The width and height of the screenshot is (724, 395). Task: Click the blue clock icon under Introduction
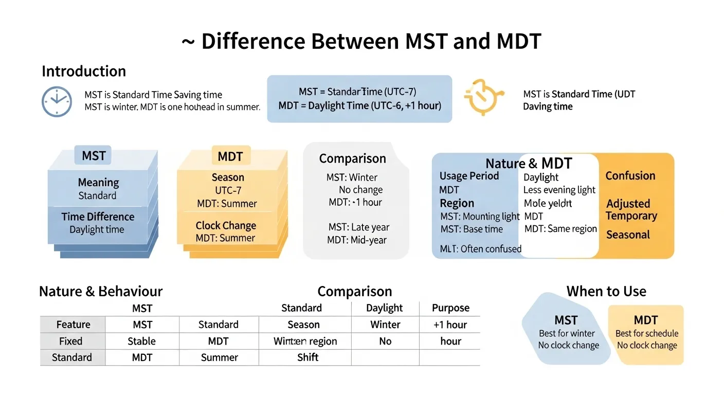point(57,101)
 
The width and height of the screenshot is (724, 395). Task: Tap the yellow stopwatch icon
point(481,97)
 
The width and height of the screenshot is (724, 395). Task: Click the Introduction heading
point(84,71)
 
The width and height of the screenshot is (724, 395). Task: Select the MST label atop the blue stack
point(94,155)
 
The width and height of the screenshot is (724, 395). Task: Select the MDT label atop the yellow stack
point(230,155)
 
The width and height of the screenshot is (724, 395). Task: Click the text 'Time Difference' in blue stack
point(98,217)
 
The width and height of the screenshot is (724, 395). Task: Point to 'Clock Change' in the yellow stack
point(226,225)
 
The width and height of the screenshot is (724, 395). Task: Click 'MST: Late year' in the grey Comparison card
point(359,227)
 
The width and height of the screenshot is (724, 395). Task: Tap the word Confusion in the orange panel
point(630,176)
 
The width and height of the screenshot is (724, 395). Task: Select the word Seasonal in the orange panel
point(628,235)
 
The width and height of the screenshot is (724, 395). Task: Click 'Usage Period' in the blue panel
point(469,176)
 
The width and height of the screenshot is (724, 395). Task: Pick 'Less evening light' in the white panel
point(559,190)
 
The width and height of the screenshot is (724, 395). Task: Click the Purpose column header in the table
point(450,308)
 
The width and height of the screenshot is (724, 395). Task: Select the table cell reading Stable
point(141,341)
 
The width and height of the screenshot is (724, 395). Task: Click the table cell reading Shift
point(307,357)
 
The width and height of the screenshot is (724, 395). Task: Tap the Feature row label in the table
point(73,325)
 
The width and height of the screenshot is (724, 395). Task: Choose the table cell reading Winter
point(385,325)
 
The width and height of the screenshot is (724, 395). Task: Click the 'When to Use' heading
point(606,292)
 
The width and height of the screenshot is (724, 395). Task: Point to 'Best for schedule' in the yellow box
point(646,333)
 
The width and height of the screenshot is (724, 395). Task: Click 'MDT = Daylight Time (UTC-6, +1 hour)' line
point(359,105)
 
